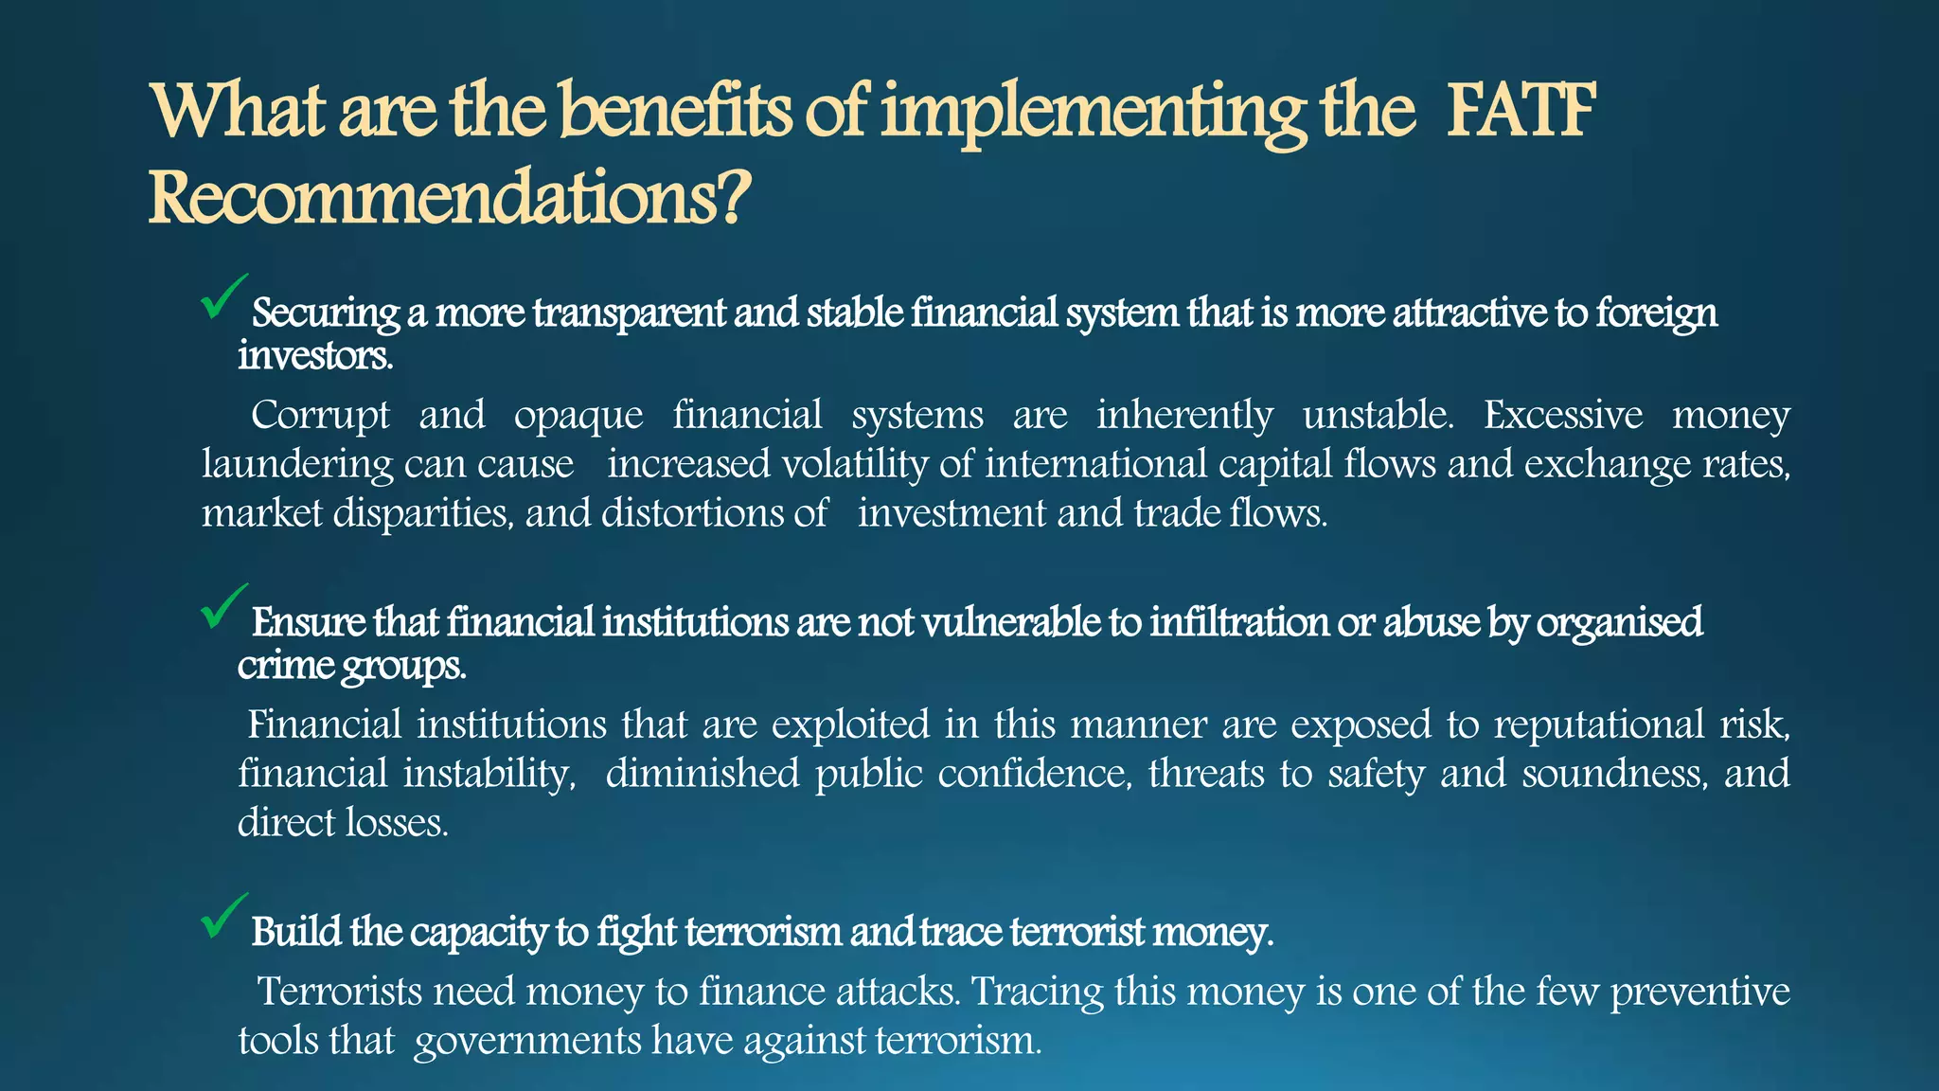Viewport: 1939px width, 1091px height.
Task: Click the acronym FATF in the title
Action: (x=1521, y=111)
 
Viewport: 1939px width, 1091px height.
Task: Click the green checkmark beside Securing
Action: (x=223, y=296)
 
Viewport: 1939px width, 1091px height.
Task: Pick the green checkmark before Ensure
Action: (x=223, y=606)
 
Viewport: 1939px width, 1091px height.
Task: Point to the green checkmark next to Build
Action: (x=223, y=916)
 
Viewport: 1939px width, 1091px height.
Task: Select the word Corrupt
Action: (x=320, y=415)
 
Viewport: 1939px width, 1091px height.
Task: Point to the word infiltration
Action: (x=1238, y=622)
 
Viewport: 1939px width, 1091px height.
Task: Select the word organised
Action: (x=1619, y=623)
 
